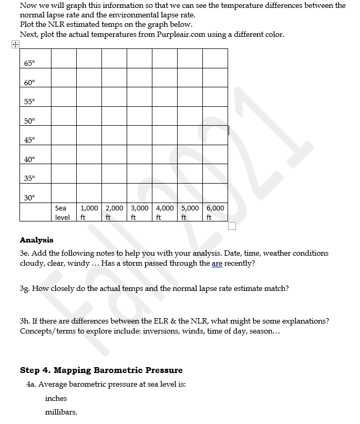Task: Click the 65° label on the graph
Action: (x=29, y=63)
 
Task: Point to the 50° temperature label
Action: (x=29, y=121)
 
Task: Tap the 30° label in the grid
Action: (x=29, y=197)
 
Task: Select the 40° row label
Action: (x=29, y=159)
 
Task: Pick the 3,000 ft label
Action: (x=139, y=212)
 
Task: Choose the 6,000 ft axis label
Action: (x=215, y=212)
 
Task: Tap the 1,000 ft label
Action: (x=89, y=212)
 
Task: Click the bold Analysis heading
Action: (x=36, y=240)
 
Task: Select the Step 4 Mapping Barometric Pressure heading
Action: (x=101, y=370)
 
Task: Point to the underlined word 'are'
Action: (x=217, y=263)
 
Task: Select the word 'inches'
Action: (x=56, y=398)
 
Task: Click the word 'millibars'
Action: (x=61, y=412)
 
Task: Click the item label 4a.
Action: (x=31, y=384)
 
